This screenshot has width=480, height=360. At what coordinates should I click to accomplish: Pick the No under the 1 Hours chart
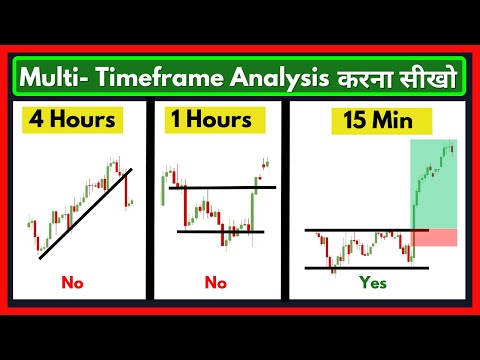[x=216, y=283]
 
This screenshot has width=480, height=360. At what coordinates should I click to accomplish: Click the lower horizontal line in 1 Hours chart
[x=220, y=232]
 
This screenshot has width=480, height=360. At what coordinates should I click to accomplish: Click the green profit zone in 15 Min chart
[x=435, y=185]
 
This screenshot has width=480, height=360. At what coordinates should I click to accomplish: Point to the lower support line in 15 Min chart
[x=360, y=268]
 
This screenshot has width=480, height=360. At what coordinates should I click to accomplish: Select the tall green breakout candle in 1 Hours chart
[x=253, y=204]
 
